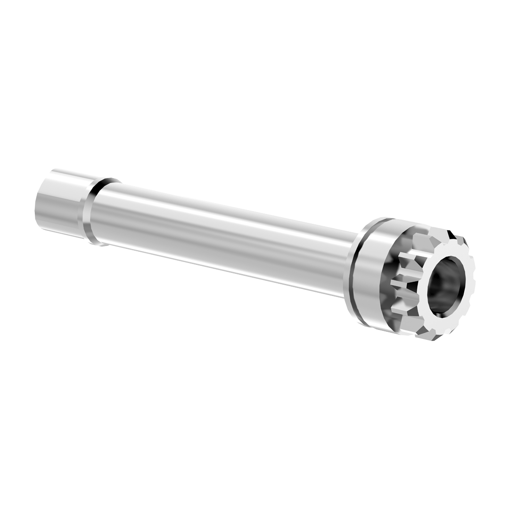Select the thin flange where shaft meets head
pos(351,273)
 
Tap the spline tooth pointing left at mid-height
pos(401,283)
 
